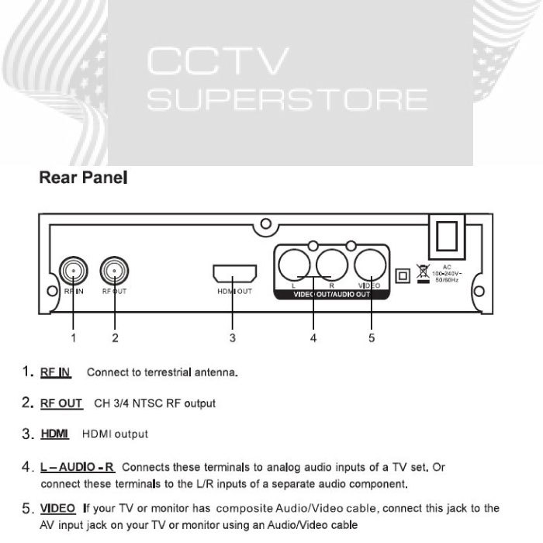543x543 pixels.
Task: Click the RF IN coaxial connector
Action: (72, 271)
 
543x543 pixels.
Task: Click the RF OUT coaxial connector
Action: (115, 271)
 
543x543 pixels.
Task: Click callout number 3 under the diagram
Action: (233, 337)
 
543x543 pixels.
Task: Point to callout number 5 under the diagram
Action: (372, 337)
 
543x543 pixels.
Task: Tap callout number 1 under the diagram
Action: (73, 337)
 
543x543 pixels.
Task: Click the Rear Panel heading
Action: (83, 178)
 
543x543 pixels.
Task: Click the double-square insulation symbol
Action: (402, 275)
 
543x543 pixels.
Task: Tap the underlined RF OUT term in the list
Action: (61, 403)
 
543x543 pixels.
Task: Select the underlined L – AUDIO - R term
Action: (78, 468)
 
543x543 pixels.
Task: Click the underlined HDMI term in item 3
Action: (55, 434)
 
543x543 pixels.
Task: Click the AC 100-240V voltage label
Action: (448, 273)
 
